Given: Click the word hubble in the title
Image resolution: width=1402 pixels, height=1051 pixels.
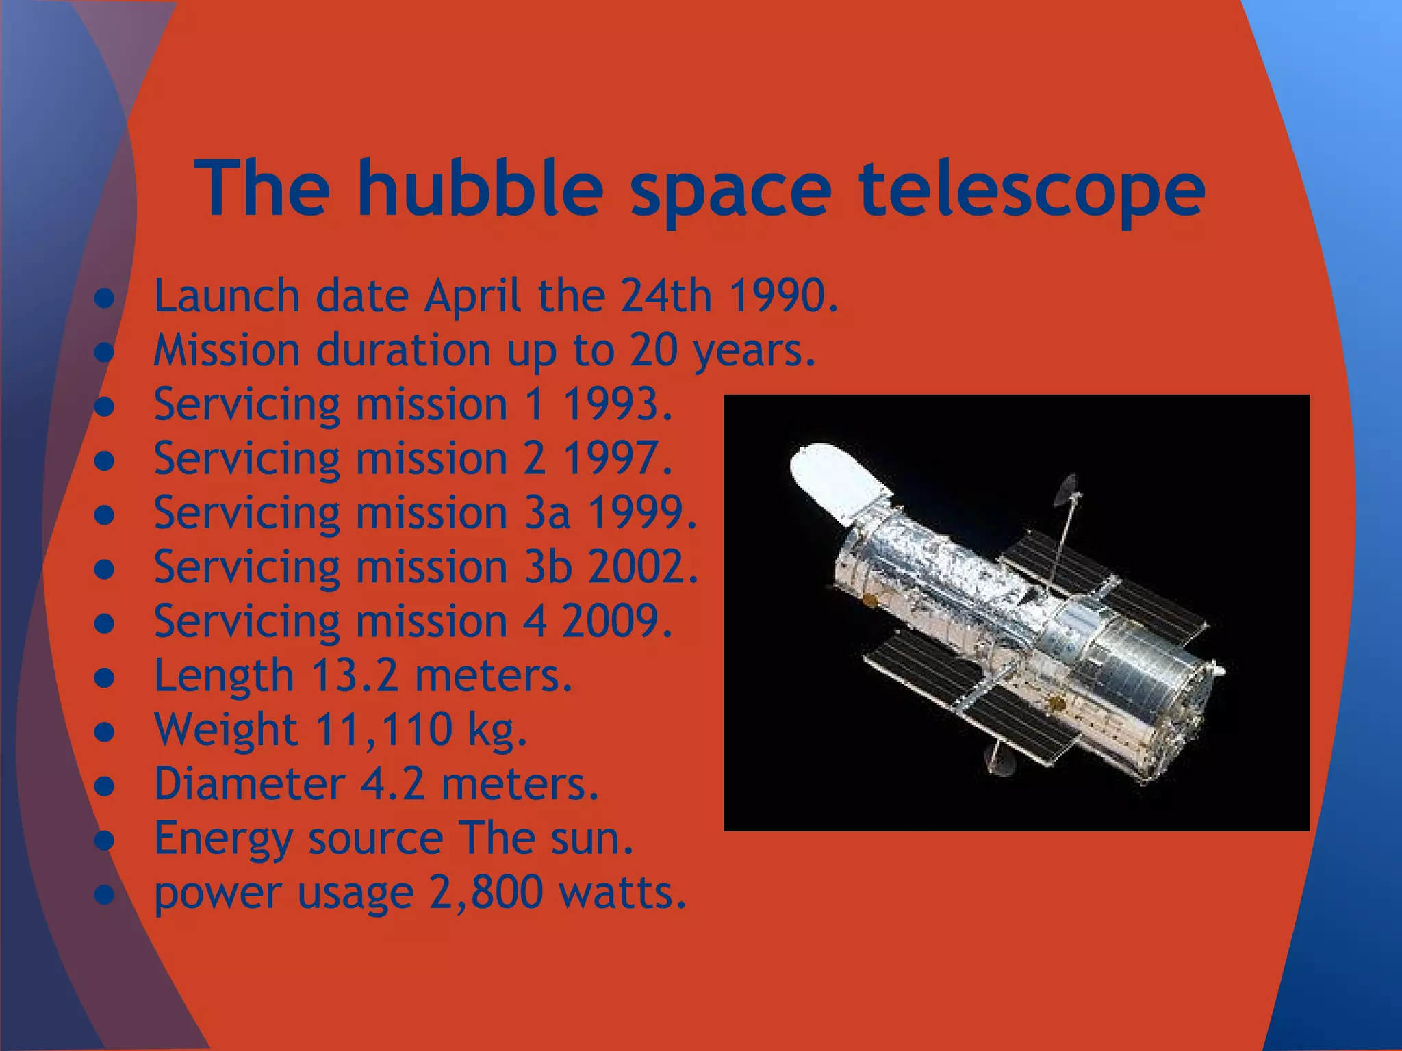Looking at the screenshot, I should point(479,187).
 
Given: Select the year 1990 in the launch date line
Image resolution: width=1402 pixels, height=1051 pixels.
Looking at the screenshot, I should point(782,296).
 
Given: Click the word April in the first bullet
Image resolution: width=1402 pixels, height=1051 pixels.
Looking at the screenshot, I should point(472,296).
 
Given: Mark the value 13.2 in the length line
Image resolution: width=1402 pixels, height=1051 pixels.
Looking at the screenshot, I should point(354,675).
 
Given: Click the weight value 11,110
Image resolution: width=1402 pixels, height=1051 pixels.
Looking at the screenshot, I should point(383,729).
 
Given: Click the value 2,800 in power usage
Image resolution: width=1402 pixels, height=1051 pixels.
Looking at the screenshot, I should point(486,892).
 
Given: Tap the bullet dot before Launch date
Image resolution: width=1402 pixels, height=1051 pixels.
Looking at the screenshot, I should point(104,298).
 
